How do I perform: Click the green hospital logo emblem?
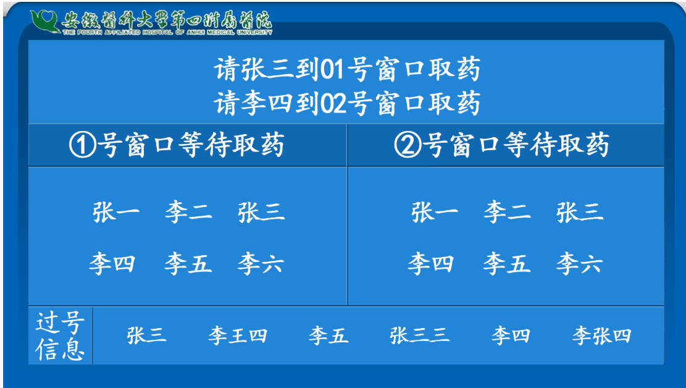44,21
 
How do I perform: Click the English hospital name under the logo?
167,32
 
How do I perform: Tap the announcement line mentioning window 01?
347,69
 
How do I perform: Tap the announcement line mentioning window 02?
347,103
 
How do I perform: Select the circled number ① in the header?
83,145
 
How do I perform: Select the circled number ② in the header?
408,145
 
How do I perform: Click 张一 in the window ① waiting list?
116,213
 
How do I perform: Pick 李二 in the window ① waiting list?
188,213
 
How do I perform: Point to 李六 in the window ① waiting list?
261,264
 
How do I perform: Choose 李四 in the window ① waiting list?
112,264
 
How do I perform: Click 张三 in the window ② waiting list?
580,213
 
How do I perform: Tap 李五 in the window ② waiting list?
506,264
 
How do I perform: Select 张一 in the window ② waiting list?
435,213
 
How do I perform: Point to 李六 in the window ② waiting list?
579,264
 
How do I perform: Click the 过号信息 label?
60,336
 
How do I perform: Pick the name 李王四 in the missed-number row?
238,336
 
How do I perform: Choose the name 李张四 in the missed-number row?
601,336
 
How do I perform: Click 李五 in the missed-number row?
328,336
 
